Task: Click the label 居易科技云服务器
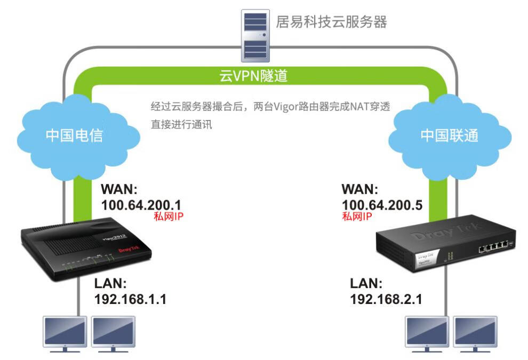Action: coord(331,22)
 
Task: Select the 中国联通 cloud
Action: coord(450,135)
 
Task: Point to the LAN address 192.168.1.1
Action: coord(130,299)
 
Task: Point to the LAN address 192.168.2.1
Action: coord(386,299)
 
